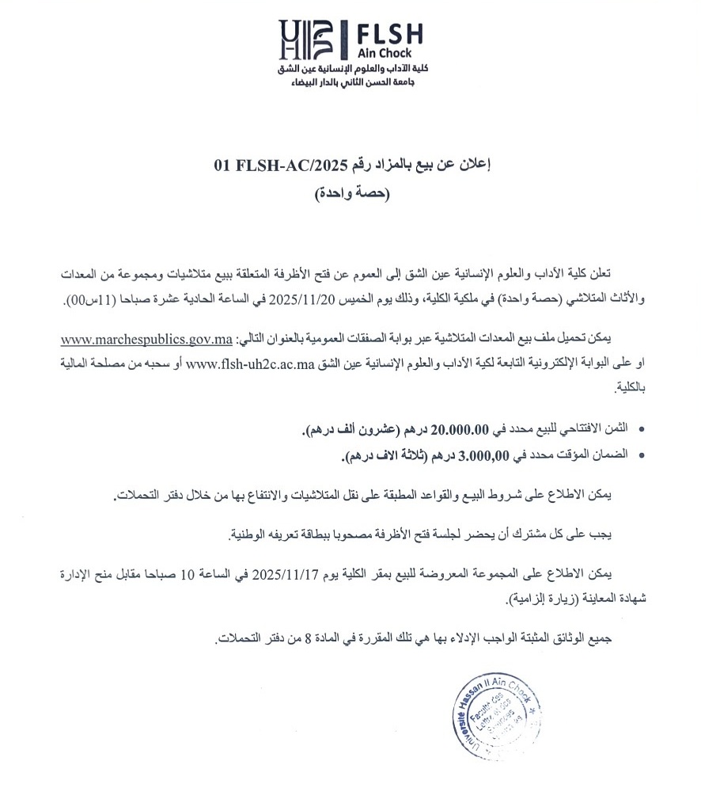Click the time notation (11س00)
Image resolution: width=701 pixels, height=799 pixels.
tap(86, 299)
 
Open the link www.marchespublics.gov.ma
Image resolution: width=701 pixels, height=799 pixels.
tap(146, 340)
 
